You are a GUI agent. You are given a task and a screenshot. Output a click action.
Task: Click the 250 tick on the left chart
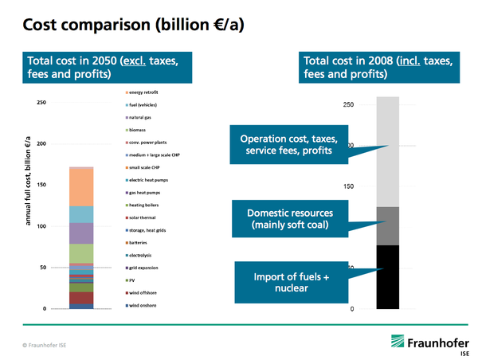[41, 103]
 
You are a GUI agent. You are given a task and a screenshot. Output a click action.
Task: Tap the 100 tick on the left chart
[41, 226]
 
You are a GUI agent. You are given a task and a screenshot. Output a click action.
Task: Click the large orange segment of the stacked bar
[82, 186]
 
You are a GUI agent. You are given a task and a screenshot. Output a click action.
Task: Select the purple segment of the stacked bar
[82, 233]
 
